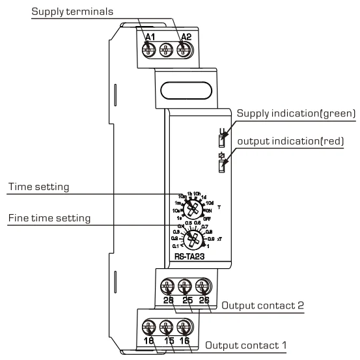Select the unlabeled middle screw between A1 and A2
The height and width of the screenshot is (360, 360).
tap(166, 48)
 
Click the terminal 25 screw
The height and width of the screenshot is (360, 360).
tap(186, 284)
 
